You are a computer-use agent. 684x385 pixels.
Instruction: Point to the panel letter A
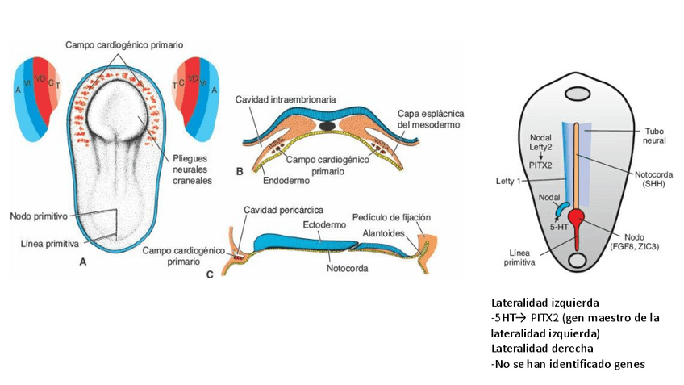click(x=83, y=262)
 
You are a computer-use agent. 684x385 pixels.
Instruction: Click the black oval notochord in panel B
click(x=327, y=126)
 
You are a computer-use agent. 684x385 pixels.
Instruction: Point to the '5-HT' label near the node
click(x=557, y=228)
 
